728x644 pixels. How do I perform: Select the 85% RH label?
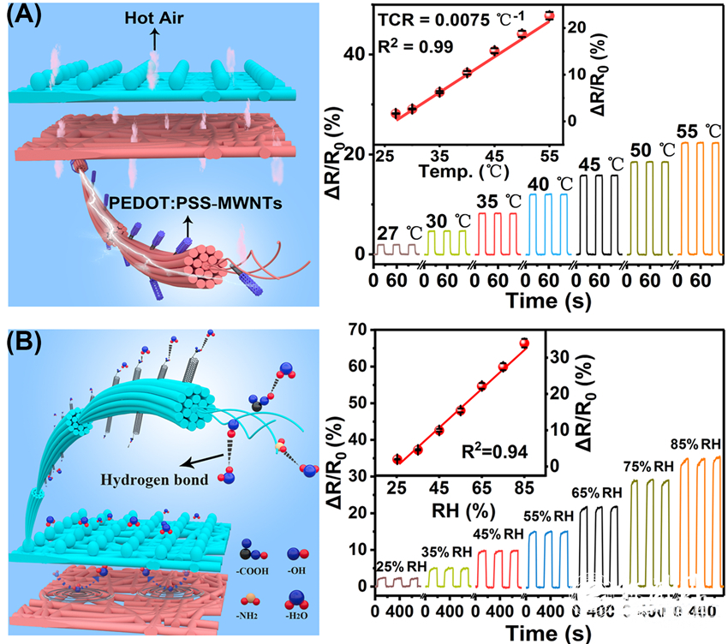pyautogui.click(x=695, y=444)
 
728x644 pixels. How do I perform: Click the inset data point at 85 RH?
pyautogui.click(x=524, y=343)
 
